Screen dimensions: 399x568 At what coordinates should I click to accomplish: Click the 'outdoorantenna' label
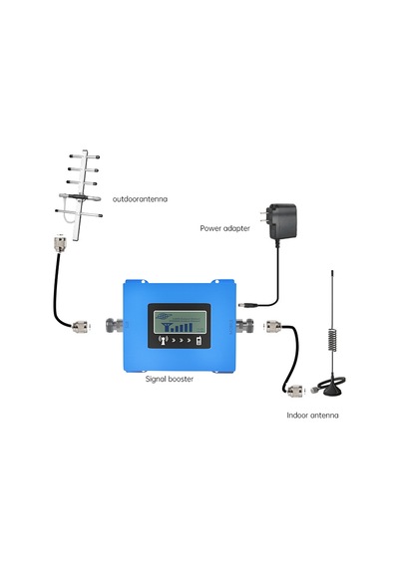point(140,199)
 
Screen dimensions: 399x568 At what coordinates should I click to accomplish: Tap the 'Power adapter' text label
point(224,228)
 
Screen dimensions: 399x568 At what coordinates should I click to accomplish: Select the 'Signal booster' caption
point(170,379)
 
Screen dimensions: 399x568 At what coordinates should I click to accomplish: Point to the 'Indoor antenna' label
point(312,416)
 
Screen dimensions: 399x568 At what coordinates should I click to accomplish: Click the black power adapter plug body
point(282,221)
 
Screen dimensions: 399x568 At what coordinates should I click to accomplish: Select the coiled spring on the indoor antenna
point(332,339)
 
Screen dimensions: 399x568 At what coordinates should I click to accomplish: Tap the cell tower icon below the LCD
point(165,340)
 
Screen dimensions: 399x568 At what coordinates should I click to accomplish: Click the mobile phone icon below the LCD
point(199,341)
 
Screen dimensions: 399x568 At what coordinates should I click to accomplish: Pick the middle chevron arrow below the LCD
point(181,341)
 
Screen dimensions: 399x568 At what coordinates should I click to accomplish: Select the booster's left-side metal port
point(115,325)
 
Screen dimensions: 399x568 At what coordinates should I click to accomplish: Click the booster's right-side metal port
point(244,325)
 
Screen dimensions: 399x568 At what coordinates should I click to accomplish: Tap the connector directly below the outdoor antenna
point(60,243)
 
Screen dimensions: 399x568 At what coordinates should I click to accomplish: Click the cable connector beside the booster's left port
point(81,327)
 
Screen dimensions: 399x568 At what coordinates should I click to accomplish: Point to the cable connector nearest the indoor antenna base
point(296,392)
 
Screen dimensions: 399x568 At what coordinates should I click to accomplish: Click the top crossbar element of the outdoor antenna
point(85,156)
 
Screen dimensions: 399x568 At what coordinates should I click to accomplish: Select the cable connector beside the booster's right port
point(274,327)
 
